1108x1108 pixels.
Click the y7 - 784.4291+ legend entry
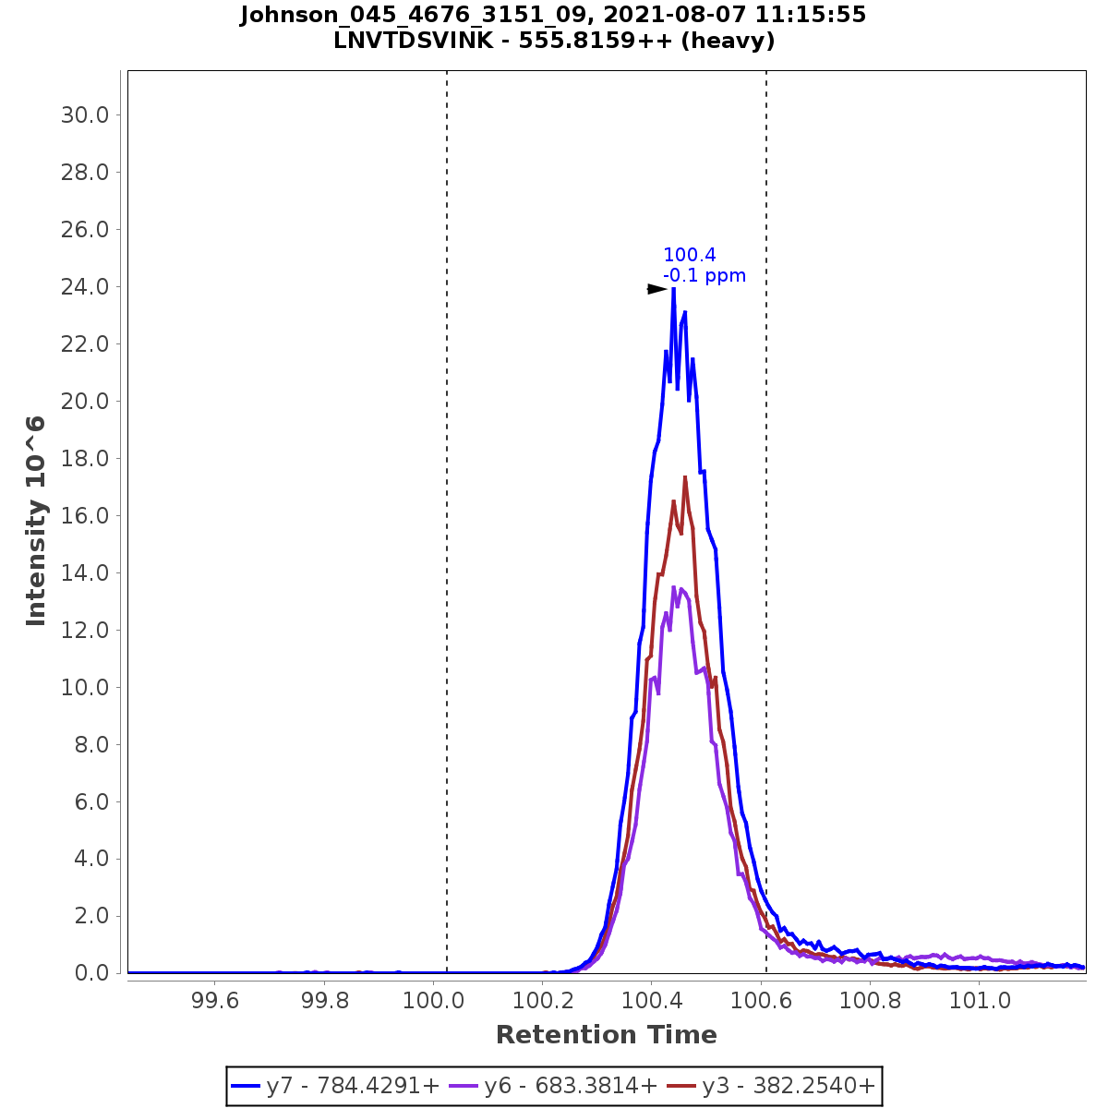(336, 1086)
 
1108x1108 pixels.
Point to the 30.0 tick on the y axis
(85, 114)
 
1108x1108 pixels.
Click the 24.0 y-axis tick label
(85, 286)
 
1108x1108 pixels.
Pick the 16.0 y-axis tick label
(85, 515)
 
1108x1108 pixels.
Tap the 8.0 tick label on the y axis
(92, 744)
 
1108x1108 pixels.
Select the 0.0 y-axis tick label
(92, 973)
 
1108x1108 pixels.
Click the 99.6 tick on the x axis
(214, 1000)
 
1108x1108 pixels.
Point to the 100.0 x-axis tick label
(432, 1000)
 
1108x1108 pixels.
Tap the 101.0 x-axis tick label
(978, 1000)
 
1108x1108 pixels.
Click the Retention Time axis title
(606, 1035)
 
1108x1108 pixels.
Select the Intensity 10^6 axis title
(37, 521)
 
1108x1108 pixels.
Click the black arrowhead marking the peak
(656, 289)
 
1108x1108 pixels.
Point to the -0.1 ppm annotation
(705, 275)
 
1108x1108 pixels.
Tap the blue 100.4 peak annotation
(690, 256)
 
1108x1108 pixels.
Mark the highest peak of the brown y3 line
(685, 477)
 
